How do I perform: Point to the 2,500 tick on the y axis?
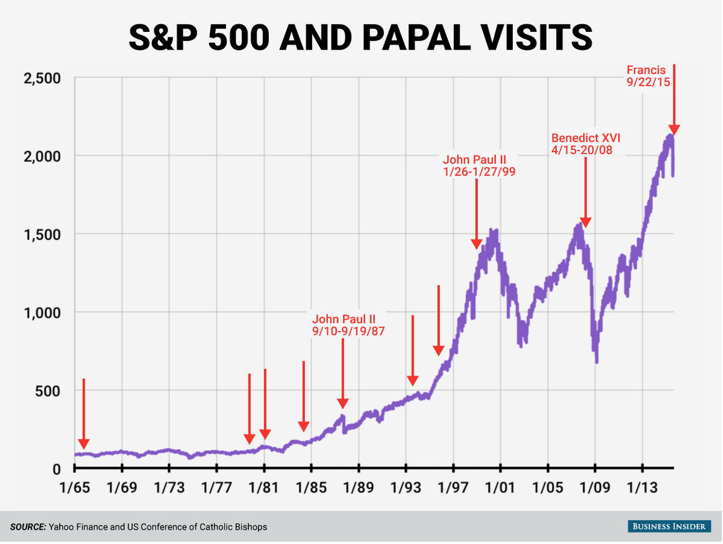pos(42,78)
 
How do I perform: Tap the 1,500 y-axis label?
pos(42,234)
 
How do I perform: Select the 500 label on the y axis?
pos(49,391)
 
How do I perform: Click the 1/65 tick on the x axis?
pos(75,487)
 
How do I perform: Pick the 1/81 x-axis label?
pos(264,487)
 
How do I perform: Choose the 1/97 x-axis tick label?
pos(453,487)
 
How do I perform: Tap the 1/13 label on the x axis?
pos(642,487)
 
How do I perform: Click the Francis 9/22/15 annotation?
pos(648,76)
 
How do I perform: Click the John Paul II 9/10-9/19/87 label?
pos(348,325)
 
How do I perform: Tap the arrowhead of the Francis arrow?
pos(674,131)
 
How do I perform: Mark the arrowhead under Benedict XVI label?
pos(585,223)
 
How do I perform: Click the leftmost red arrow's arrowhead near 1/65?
pos(83,444)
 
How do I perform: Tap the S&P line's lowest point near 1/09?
pos(596,361)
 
